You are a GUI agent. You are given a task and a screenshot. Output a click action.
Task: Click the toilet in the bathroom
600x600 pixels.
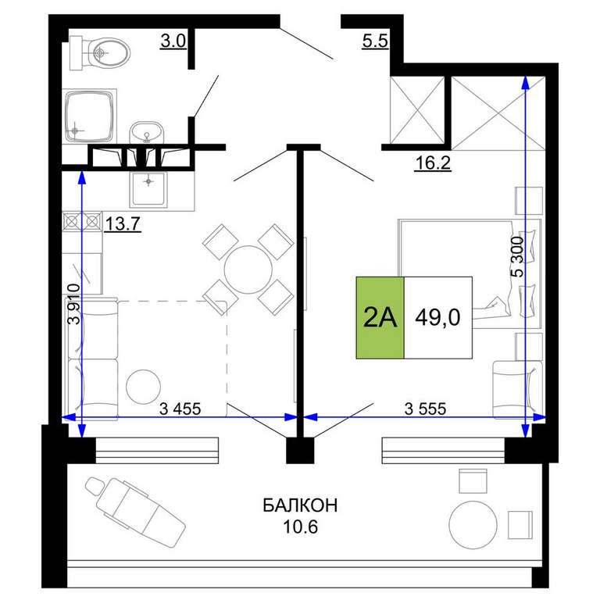pyautogui.click(x=100, y=53)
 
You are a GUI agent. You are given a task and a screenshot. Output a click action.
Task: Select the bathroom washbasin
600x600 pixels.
pyautogui.click(x=147, y=132)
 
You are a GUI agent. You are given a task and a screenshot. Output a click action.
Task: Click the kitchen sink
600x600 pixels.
pyautogui.click(x=149, y=189)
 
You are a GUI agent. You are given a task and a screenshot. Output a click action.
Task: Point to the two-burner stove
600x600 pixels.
pyautogui.click(x=82, y=221)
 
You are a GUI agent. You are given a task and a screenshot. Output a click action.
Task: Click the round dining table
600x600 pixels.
pyautogui.click(x=248, y=270)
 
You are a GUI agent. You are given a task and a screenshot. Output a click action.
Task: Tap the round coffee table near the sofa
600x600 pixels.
pyautogui.click(x=144, y=387)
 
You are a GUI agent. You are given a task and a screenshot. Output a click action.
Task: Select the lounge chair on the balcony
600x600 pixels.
pyautogui.click(x=135, y=507)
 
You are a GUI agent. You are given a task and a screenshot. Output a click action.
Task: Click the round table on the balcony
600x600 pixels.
pyautogui.click(x=473, y=525)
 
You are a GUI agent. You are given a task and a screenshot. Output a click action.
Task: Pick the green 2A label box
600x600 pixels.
pyautogui.click(x=380, y=318)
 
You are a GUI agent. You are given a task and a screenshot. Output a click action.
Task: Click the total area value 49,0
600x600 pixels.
pyautogui.click(x=437, y=318)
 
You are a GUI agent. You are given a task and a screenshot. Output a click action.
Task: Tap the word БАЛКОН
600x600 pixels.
pyautogui.click(x=300, y=505)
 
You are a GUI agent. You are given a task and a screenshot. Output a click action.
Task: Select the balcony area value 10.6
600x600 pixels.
pyautogui.click(x=300, y=527)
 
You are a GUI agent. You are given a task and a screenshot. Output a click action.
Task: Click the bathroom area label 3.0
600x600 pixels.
pyautogui.click(x=173, y=41)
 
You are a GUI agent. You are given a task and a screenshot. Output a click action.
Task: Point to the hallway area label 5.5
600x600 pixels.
pyautogui.click(x=375, y=41)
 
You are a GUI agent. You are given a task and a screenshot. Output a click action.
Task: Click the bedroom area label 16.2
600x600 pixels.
pyautogui.click(x=433, y=163)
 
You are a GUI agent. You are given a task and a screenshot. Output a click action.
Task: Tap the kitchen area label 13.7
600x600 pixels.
pyautogui.click(x=123, y=223)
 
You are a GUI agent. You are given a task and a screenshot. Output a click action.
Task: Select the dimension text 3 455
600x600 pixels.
pyautogui.click(x=180, y=409)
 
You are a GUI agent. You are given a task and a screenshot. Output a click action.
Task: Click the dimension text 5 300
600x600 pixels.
pyautogui.click(x=516, y=256)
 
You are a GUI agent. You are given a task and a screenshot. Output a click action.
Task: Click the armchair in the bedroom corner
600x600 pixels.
pyautogui.click(x=517, y=390)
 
